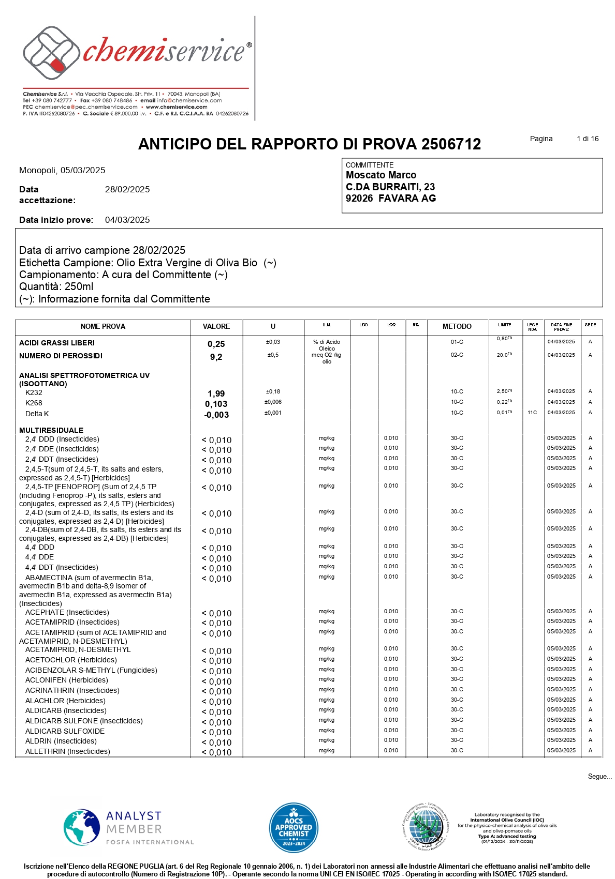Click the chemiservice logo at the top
[x=137, y=52]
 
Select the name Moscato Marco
[x=381, y=175]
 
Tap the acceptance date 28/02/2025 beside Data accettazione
[x=127, y=190]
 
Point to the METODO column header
[x=457, y=327]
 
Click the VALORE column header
[x=216, y=327]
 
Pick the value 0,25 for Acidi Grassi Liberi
[x=216, y=344]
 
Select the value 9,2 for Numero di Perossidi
[x=216, y=357]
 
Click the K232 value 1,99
[x=216, y=394]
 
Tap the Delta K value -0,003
[x=216, y=415]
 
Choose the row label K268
[x=34, y=403]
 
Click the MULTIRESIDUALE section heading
[x=51, y=430]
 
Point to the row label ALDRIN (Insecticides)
[x=61, y=741]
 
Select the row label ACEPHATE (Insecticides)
[x=67, y=613]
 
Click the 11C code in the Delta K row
[x=532, y=413]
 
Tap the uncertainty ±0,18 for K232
[x=273, y=392]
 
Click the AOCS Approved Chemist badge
[x=294, y=828]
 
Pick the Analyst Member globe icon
[x=82, y=827]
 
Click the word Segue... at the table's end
[x=599, y=777]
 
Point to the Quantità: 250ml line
[x=56, y=287]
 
